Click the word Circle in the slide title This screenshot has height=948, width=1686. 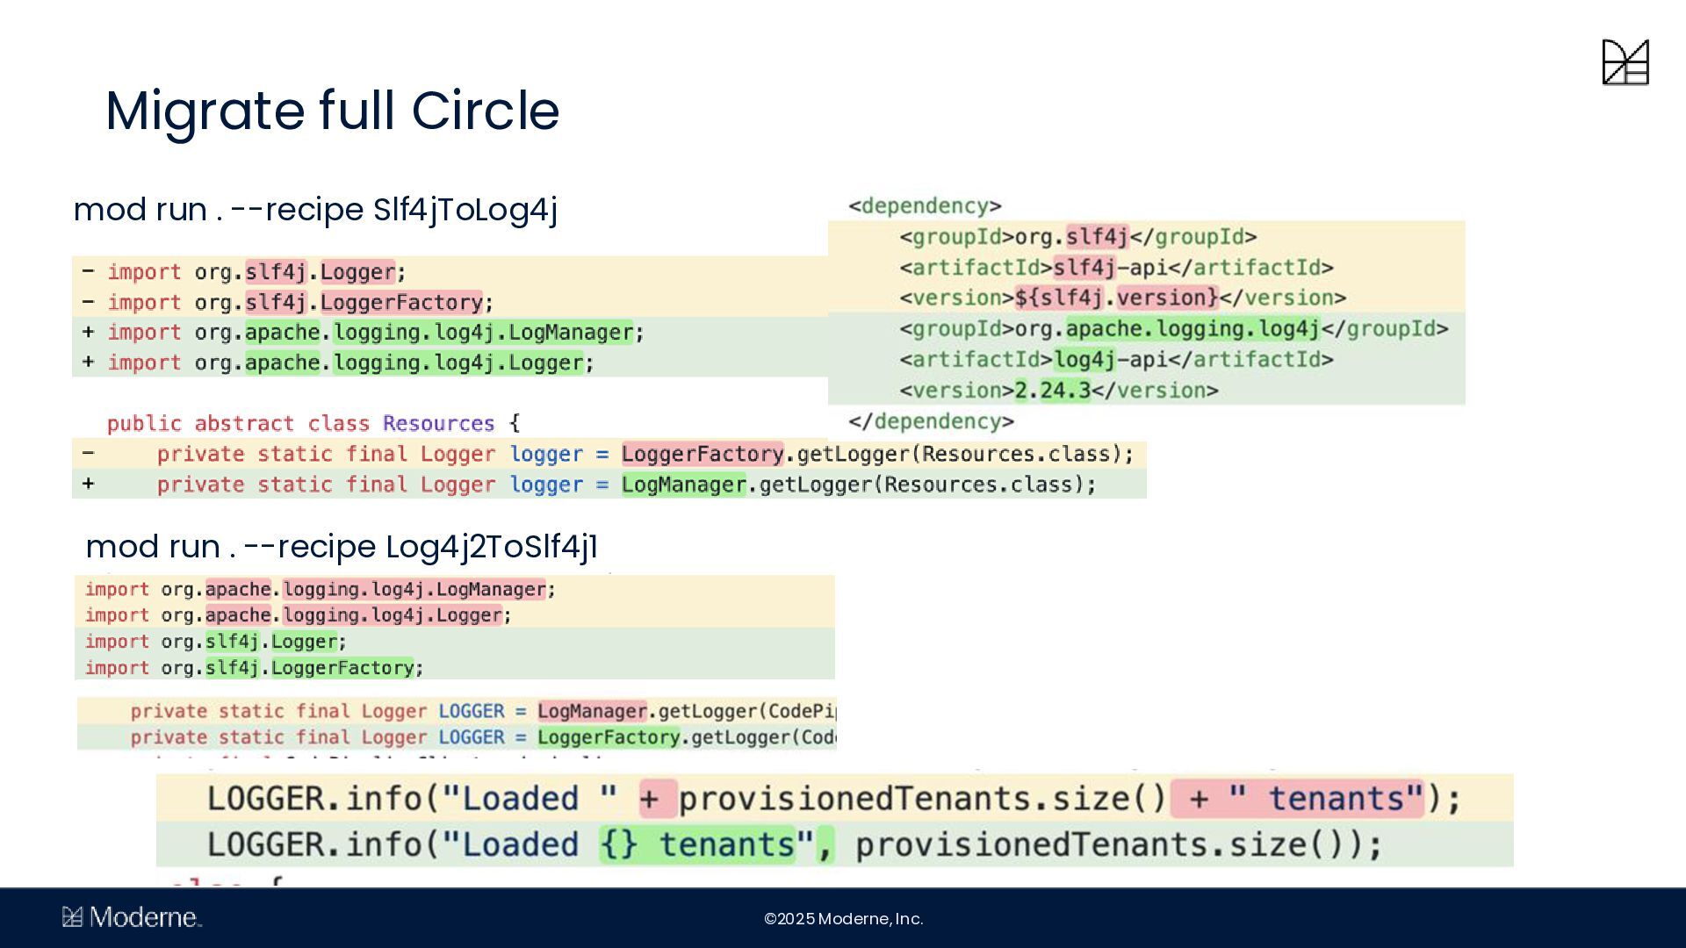click(485, 111)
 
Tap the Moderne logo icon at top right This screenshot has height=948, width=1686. click(1625, 62)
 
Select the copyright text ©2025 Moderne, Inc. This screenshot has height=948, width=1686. click(843, 919)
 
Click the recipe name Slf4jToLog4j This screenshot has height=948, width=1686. click(465, 210)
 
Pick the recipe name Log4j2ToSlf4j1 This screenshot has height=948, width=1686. click(492, 547)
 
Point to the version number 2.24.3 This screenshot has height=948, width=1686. click(1052, 391)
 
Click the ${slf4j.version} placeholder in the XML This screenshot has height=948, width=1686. click(1116, 298)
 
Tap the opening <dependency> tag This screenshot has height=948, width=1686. click(925, 206)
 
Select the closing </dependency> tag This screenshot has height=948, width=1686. click(931, 422)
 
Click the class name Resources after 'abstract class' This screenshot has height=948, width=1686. click(438, 424)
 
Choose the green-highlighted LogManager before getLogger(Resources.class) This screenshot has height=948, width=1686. click(683, 485)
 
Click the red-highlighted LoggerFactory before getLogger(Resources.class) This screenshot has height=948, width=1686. click(702, 454)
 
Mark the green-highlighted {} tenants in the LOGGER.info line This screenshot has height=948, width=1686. click(697, 844)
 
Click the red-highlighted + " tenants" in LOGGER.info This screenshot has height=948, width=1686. click(1297, 799)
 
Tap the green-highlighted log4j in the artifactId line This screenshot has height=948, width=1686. click(1084, 360)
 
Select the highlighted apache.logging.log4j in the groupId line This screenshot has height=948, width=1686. click(1192, 329)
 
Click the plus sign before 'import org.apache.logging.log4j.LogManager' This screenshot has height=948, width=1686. click(88, 333)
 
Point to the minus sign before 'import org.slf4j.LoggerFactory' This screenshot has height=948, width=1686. click(88, 302)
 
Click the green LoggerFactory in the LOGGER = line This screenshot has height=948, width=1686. click(609, 737)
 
